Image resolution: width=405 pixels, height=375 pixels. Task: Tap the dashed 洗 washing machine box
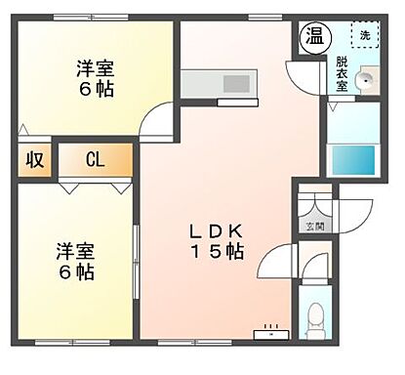click(x=364, y=35)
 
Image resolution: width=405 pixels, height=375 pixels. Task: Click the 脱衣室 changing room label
click(x=343, y=73)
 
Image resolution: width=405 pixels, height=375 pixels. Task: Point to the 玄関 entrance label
click(x=315, y=228)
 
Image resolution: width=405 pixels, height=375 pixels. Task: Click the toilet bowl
click(x=316, y=317)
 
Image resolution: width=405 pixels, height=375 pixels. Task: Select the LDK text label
click(x=222, y=231)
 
